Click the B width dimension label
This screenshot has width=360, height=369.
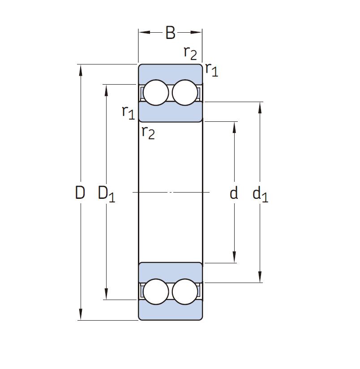pyautogui.click(x=170, y=33)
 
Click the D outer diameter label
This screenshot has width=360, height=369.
pyautogui.click(x=80, y=193)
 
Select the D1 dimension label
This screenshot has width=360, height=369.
pyautogui.click(x=107, y=194)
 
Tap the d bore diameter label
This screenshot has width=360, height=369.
pyautogui.click(x=234, y=193)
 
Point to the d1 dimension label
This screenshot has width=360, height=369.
pyautogui.click(x=260, y=194)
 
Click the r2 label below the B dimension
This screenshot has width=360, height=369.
pyautogui.click(x=190, y=53)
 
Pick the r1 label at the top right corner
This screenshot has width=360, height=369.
pyautogui.click(x=212, y=70)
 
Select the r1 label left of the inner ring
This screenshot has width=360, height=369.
pyautogui.click(x=128, y=112)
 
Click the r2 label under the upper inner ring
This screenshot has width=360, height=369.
pyautogui.click(x=148, y=133)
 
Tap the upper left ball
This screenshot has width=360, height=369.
pyautogui.click(x=156, y=93)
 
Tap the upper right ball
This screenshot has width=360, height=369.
pyautogui.click(x=185, y=93)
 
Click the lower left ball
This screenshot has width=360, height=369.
pyautogui.click(x=156, y=292)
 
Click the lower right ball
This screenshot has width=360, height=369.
pyautogui.click(x=185, y=292)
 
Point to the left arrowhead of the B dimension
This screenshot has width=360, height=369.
pyautogui.click(x=144, y=32)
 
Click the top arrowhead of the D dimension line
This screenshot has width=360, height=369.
pyautogui.click(x=81, y=70)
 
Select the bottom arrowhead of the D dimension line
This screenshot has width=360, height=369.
pyautogui.click(x=81, y=314)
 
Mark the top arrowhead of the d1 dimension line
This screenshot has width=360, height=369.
pyautogui.click(x=260, y=108)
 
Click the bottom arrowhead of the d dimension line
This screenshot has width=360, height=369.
pyautogui.click(x=234, y=257)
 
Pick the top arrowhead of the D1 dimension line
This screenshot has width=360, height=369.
pyautogui.click(x=107, y=90)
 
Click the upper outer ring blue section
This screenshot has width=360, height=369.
pyautogui.click(x=170, y=73)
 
